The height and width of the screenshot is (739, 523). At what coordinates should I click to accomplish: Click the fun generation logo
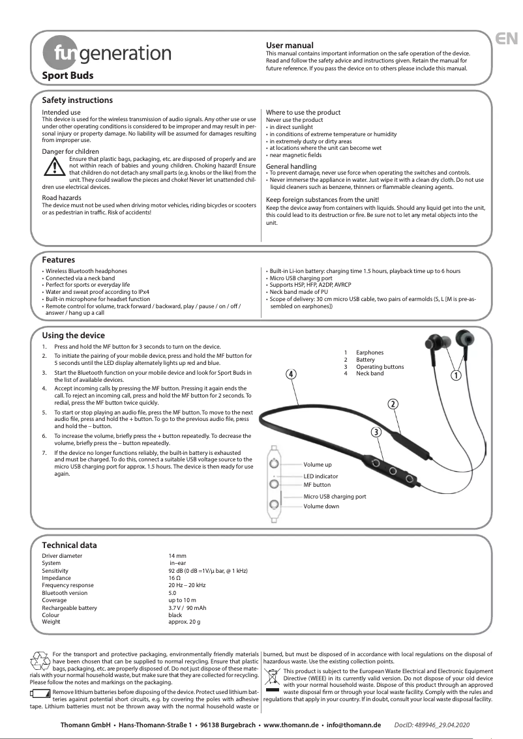coord(106,53)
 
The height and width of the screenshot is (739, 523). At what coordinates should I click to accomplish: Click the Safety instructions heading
coord(77,100)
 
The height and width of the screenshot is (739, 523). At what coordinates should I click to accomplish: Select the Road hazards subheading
coord(61,197)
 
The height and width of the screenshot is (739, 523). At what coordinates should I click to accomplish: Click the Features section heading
coord(58,260)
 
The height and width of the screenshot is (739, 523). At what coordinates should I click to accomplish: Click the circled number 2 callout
coord(393,404)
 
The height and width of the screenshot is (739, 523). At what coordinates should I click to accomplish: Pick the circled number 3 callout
coord(376,431)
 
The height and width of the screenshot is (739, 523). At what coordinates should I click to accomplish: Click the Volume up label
coord(318,465)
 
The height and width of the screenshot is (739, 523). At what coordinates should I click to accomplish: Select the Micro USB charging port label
coord(335,496)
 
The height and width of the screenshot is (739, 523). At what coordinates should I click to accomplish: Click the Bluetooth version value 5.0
coord(173,593)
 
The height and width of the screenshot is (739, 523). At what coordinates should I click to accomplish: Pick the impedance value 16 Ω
coord(174,578)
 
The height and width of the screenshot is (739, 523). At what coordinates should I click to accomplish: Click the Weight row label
coord(51,622)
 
